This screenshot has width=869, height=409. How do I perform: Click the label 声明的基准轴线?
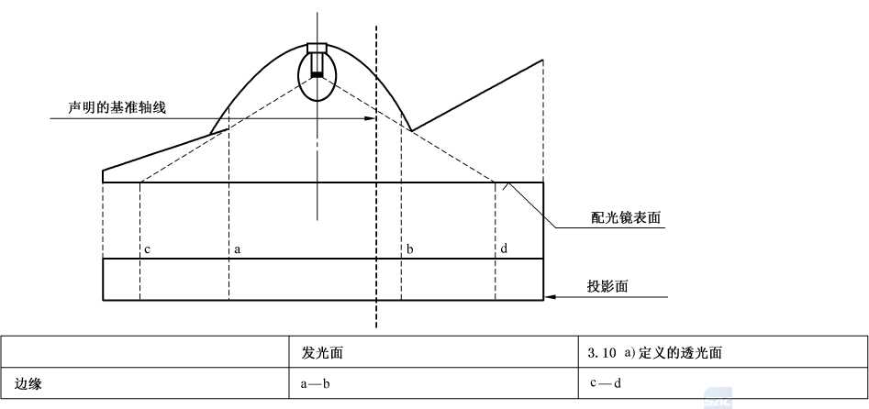pos(117,108)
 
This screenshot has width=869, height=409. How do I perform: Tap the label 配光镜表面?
pos(625,218)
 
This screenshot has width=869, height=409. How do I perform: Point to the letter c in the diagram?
pos(147,250)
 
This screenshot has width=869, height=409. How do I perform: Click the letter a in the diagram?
pos(237,250)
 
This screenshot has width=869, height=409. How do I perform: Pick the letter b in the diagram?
pos(409,249)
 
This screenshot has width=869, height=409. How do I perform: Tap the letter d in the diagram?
pos(503,249)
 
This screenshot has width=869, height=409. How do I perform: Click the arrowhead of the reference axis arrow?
pos(370,118)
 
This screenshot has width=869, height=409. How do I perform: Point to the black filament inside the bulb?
pos(317,75)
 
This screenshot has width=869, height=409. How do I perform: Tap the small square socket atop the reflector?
pos(318,48)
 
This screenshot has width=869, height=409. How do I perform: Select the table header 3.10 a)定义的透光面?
pos(655,353)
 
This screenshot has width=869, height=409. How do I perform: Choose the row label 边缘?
pos(28,383)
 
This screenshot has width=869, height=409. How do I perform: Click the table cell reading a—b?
pos(316,383)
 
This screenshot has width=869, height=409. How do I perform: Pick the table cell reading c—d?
pos(606,383)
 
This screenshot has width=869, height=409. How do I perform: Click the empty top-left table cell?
pos(145,351)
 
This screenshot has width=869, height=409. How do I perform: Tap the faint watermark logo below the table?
pos(719,398)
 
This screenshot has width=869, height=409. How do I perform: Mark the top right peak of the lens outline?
pos(542,60)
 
